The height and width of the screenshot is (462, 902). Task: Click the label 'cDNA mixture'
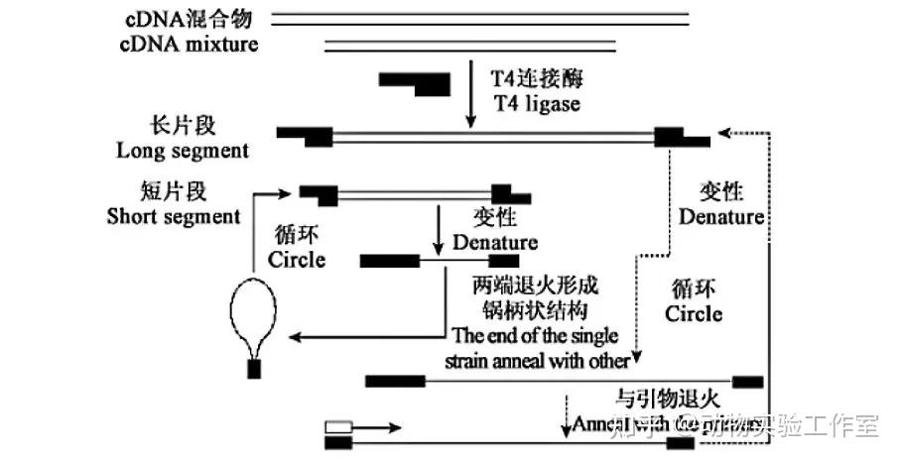190,45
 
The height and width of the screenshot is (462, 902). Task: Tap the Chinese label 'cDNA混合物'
190,20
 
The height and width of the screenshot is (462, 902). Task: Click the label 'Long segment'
183,152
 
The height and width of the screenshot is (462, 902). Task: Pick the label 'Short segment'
174,216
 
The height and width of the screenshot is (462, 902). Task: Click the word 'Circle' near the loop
297,260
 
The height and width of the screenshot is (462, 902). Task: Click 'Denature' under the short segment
495,242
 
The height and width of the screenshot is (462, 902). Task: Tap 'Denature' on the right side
721,216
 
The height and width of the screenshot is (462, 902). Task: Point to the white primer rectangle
338,427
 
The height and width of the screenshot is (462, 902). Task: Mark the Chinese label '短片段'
175,190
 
